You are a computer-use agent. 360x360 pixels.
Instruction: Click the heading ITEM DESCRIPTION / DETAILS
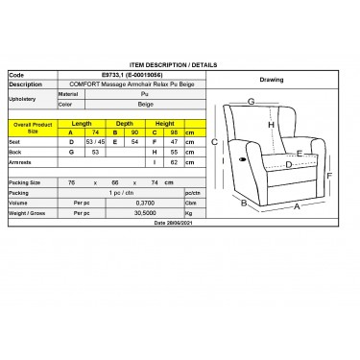point(180,61)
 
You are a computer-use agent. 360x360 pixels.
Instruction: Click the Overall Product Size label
point(32,128)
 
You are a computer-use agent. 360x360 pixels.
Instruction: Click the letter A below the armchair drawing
point(294,206)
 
